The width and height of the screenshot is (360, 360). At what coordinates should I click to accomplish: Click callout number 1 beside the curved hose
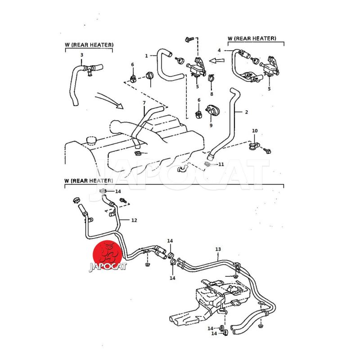147,56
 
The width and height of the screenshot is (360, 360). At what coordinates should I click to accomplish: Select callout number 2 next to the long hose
247,112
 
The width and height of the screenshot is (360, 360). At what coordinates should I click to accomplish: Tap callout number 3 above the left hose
81,55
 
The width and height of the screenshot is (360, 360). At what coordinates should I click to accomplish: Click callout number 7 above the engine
144,103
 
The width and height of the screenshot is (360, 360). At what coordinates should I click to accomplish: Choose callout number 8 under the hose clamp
211,94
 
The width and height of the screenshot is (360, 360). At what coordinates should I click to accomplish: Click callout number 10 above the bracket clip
255,131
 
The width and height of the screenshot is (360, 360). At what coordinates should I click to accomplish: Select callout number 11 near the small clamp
221,165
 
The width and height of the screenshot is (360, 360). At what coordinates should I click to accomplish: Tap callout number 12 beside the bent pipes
134,220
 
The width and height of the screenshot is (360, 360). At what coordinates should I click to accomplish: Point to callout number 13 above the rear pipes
218,249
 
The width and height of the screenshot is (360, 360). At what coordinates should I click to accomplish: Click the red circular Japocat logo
108,256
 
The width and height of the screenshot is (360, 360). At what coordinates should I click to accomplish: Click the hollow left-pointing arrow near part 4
219,59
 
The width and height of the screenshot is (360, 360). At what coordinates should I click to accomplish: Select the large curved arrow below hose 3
110,99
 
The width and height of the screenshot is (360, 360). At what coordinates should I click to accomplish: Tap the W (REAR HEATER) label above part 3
89,45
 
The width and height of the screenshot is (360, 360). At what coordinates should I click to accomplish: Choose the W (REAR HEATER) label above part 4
252,38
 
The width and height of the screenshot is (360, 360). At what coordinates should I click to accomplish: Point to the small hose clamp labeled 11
207,164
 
